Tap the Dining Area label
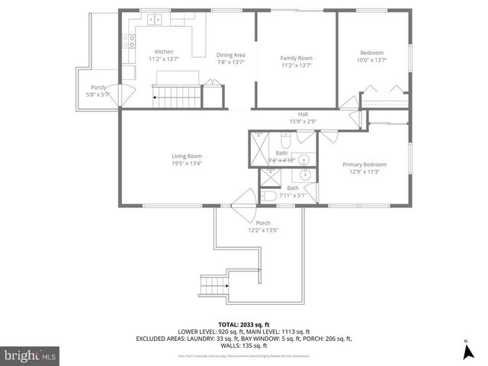(230, 55)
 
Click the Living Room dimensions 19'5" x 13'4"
(186, 162)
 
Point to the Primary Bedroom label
(364, 165)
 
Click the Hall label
(303, 114)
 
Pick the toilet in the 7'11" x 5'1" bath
(268, 197)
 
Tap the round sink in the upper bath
(304, 159)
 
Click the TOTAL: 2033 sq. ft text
(243, 324)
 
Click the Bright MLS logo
(30, 355)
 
